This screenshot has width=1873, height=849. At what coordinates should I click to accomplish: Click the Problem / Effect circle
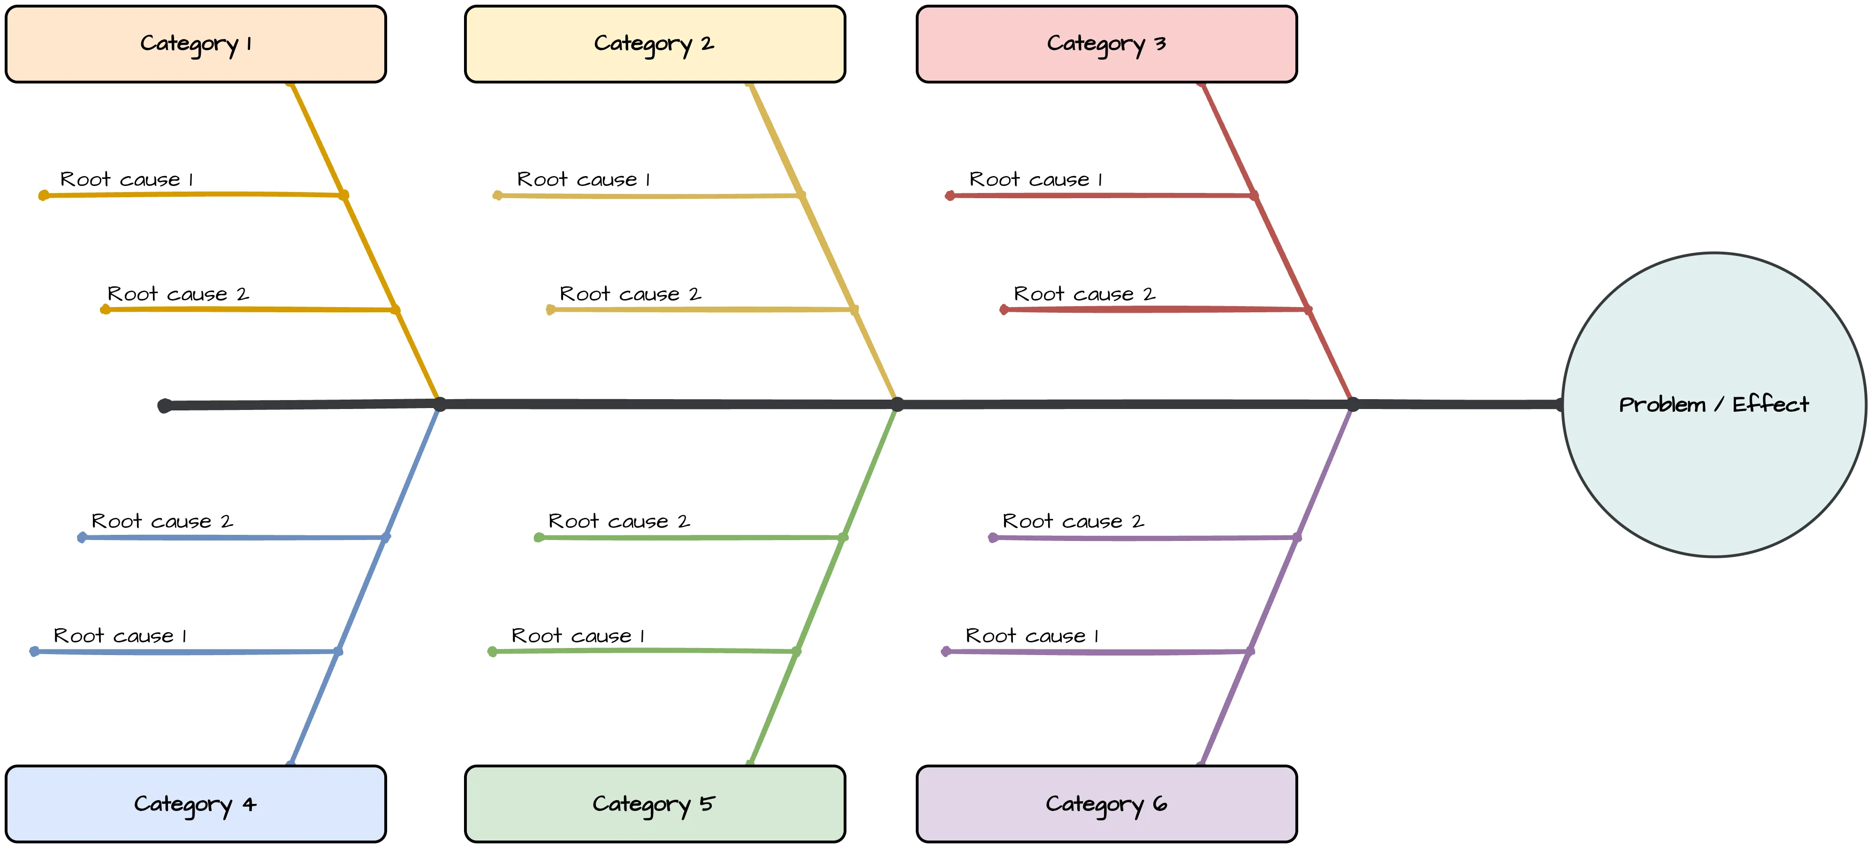tap(1714, 404)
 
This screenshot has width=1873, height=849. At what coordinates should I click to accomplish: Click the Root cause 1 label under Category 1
tap(127, 179)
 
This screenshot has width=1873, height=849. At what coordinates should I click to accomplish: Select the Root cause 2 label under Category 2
tap(630, 294)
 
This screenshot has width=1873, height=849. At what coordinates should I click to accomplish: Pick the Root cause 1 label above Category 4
tap(120, 636)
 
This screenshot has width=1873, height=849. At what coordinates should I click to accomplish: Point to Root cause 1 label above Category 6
tap(1031, 636)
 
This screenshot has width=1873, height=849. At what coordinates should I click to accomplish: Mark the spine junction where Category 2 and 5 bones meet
tap(897, 404)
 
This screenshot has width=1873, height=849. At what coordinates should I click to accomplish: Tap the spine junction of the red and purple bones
tap(1352, 404)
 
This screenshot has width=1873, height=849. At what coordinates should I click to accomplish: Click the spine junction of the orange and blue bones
tap(440, 404)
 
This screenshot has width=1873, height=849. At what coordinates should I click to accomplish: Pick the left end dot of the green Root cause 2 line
tap(539, 538)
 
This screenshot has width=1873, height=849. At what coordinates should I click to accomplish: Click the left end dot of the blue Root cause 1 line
tap(34, 651)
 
